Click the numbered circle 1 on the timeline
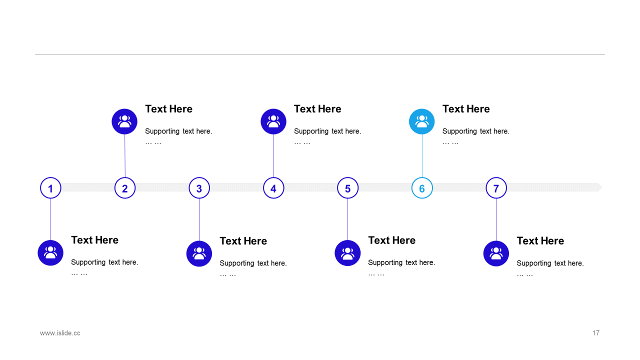50,188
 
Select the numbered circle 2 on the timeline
125,188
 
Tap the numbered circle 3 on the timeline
199,188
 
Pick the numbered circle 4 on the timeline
273,188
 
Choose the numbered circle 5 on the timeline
347,188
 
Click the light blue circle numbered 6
422,188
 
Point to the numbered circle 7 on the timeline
496,188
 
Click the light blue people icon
421,121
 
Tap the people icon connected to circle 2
124,121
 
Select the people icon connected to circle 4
273,121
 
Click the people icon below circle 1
50,253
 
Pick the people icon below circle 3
199,253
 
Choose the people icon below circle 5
347,253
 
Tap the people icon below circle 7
496,253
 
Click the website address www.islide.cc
60,333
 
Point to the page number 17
596,333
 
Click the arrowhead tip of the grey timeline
602,187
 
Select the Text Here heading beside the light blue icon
466,109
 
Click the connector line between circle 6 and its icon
422,155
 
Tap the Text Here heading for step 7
540,241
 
